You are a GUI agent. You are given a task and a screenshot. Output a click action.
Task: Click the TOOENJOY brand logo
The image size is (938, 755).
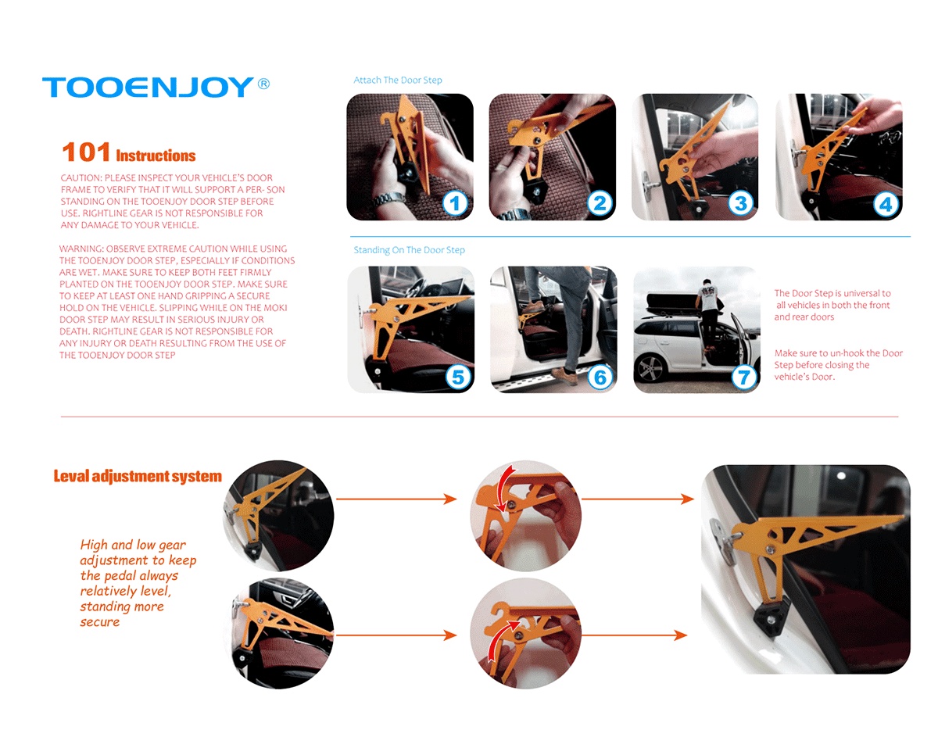(149, 88)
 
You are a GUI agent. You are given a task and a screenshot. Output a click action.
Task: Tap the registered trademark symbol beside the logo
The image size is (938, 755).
(263, 84)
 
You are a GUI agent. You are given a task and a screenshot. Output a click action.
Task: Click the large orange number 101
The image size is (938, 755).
(86, 152)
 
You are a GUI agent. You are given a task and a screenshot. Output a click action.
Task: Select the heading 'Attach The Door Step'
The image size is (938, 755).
(398, 81)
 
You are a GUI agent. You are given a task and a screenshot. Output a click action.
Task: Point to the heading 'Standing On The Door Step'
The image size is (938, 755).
(410, 250)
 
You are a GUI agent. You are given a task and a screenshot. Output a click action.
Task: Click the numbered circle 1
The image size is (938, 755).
(455, 203)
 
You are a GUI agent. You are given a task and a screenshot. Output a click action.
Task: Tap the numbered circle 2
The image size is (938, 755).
(600, 203)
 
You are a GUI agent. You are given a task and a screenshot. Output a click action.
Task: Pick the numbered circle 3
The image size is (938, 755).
(741, 203)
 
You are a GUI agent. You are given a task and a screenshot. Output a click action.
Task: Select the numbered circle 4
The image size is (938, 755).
(886, 204)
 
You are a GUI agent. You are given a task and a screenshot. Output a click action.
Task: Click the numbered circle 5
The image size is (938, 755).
(458, 377)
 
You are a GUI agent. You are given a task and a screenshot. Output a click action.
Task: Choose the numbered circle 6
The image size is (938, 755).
(600, 377)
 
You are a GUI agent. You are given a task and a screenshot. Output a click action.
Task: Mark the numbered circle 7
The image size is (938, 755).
(743, 377)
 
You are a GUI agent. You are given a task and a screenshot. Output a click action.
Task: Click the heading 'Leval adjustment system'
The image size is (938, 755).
(138, 477)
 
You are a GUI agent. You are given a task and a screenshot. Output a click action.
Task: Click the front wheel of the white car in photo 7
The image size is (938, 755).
(652, 369)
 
